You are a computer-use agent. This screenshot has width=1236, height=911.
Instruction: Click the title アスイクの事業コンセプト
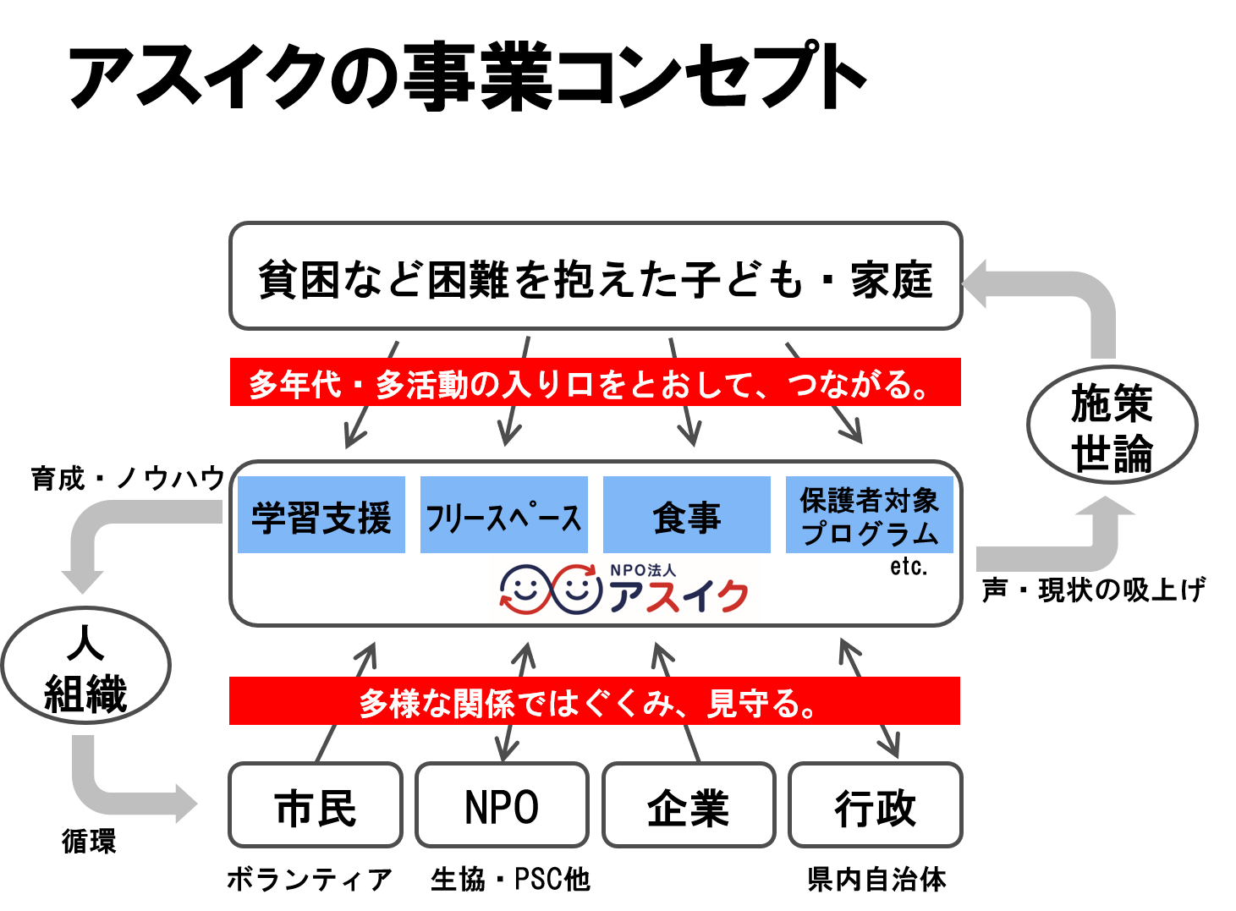467,78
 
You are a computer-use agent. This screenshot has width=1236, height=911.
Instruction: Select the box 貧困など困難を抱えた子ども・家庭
596,277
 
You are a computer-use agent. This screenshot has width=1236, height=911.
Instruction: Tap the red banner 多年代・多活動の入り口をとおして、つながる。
595,382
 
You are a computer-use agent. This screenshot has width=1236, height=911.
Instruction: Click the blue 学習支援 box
321,515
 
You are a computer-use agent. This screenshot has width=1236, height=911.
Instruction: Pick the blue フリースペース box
503,515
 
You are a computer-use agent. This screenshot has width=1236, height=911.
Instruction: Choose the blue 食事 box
686,515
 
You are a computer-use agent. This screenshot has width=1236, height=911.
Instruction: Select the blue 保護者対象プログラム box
869,515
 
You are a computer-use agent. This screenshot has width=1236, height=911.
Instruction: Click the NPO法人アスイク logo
624,590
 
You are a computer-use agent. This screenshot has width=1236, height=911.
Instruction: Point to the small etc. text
909,567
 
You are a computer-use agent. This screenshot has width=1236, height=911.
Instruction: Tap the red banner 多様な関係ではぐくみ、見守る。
595,701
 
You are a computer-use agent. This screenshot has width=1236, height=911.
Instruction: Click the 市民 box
316,805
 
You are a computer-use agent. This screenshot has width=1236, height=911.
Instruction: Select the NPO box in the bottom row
502,805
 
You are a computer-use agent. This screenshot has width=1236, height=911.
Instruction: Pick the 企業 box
689,805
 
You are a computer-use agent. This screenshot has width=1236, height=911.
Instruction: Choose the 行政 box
876,805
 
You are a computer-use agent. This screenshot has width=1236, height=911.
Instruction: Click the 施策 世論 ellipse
1112,425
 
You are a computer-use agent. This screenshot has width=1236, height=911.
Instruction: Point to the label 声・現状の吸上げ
1093,590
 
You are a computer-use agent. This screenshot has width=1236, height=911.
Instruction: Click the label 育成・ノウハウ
128,479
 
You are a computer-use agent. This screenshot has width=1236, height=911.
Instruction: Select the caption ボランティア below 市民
310,880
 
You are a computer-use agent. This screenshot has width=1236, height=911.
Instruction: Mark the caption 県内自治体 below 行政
876,880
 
